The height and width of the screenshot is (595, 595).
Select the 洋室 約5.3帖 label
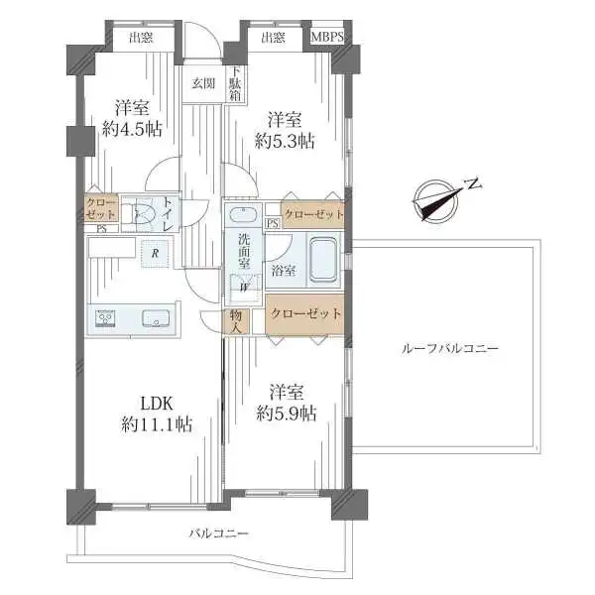(x=285, y=130)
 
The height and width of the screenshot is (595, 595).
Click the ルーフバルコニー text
(x=450, y=349)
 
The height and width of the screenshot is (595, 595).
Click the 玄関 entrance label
(x=203, y=83)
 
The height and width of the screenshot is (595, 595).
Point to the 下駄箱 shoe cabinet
(x=235, y=84)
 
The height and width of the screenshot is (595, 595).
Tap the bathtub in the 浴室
(x=323, y=260)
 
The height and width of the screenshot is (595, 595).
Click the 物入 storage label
(x=235, y=319)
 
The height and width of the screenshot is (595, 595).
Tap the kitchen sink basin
(x=158, y=319)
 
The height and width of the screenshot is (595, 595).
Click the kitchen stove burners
(x=105, y=319)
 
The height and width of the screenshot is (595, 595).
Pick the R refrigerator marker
(x=155, y=254)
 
